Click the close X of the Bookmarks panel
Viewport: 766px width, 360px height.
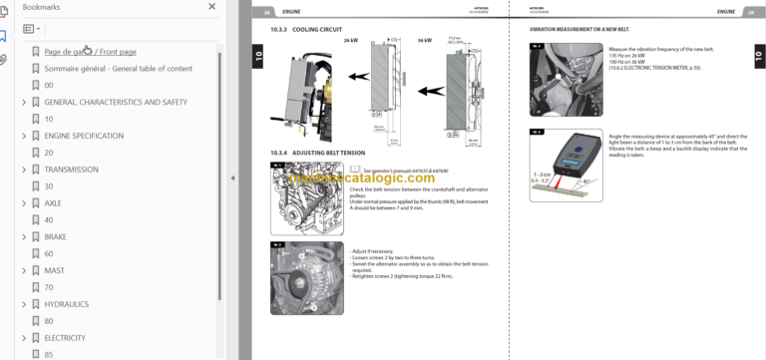click(211, 7)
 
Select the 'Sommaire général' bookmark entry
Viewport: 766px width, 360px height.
click(118, 68)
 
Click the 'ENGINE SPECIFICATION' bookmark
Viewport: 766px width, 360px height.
click(84, 136)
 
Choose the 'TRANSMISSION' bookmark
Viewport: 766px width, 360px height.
click(71, 170)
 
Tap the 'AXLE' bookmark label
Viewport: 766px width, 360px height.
click(53, 202)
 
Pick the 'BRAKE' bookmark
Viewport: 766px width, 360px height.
click(55, 236)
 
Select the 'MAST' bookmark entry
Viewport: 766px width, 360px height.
click(54, 270)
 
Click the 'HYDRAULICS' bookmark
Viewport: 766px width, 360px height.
click(66, 304)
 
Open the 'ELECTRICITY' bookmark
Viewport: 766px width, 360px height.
click(65, 338)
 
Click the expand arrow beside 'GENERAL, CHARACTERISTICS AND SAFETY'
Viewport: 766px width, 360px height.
click(24, 102)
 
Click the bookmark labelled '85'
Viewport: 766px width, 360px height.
click(49, 354)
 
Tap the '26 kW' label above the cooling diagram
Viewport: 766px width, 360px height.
click(351, 42)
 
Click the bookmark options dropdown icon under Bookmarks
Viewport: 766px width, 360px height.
click(32, 29)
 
